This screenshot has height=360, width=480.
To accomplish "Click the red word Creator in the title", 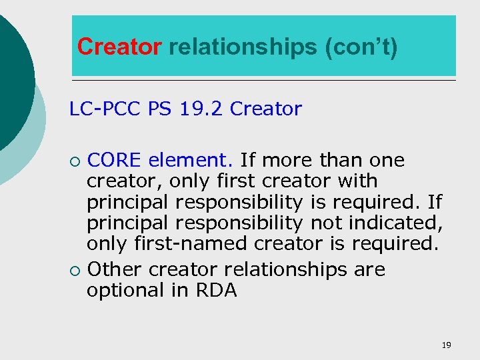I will point(119,47).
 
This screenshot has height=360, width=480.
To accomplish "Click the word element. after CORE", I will point(191,161).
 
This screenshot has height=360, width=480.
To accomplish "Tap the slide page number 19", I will point(446,345).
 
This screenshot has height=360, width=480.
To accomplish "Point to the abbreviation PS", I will point(159,109).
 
